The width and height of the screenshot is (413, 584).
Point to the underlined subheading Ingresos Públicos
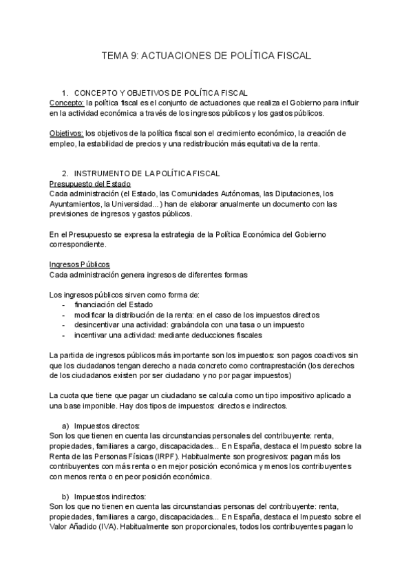click(79, 265)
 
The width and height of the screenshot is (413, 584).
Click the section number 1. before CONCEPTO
click(65, 92)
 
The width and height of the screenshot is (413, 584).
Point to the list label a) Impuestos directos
click(107, 426)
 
